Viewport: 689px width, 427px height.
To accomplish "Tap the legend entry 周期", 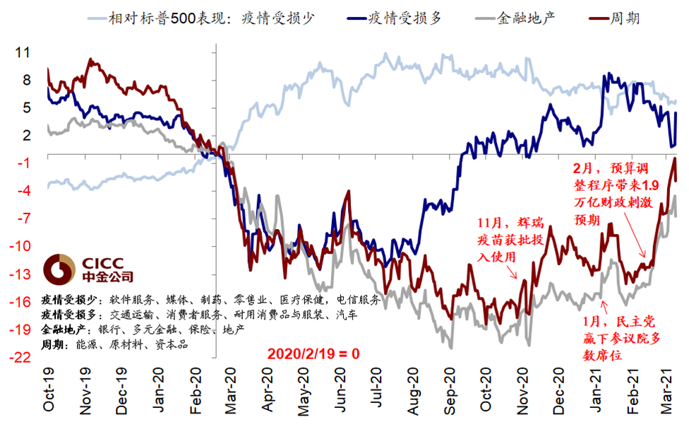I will coord(625,18).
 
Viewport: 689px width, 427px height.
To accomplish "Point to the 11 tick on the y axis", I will coord(23,53).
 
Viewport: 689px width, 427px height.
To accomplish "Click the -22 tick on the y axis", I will coord(21,358).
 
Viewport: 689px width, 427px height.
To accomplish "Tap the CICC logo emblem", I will coord(59,269).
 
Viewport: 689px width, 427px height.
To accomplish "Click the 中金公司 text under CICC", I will coord(108,277).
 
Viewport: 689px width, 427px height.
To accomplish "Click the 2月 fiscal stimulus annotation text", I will coord(615,194).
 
